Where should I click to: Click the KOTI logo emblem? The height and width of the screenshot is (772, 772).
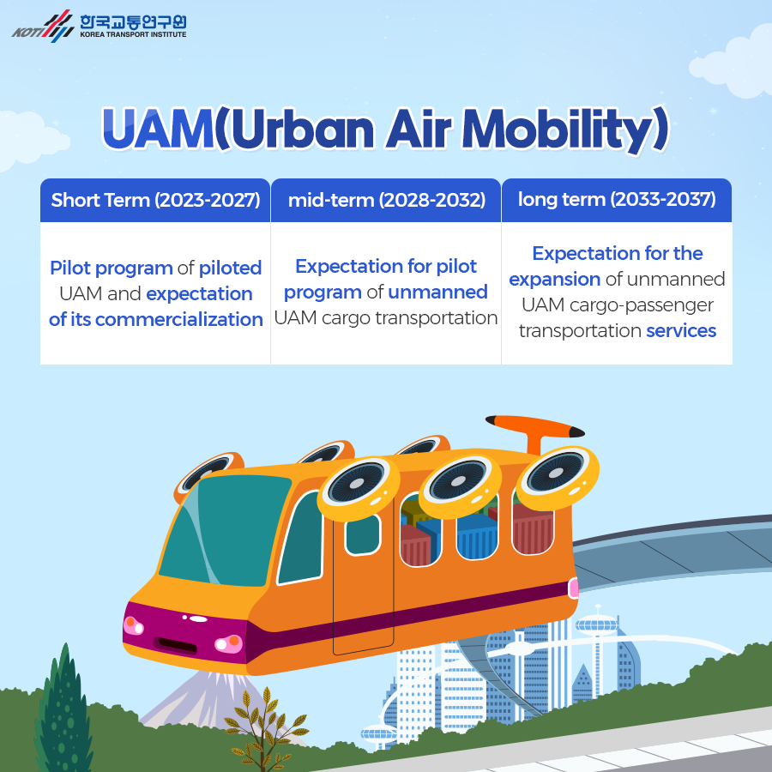(x=44, y=27)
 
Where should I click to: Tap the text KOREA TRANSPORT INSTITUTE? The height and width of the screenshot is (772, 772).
(x=133, y=34)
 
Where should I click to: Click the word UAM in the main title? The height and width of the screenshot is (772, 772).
(x=158, y=128)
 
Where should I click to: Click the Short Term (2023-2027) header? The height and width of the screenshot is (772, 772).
(x=155, y=200)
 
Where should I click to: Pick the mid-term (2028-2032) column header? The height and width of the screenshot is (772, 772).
(x=387, y=200)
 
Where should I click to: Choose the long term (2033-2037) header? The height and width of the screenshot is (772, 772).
(x=617, y=199)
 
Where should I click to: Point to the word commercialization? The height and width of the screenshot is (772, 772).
(x=178, y=319)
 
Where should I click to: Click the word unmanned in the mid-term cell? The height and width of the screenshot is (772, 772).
(x=437, y=292)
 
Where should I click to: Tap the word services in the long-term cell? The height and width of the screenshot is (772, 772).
(x=681, y=331)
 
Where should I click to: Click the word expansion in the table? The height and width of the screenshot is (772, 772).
(x=554, y=280)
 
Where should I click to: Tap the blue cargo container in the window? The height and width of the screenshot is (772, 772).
(x=477, y=537)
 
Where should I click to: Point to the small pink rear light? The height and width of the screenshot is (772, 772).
(x=573, y=588)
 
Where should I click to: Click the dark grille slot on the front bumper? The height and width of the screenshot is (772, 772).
(x=176, y=644)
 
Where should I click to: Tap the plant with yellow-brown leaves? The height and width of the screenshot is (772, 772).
(x=266, y=728)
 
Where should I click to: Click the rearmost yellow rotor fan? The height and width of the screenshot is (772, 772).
(x=557, y=473)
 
